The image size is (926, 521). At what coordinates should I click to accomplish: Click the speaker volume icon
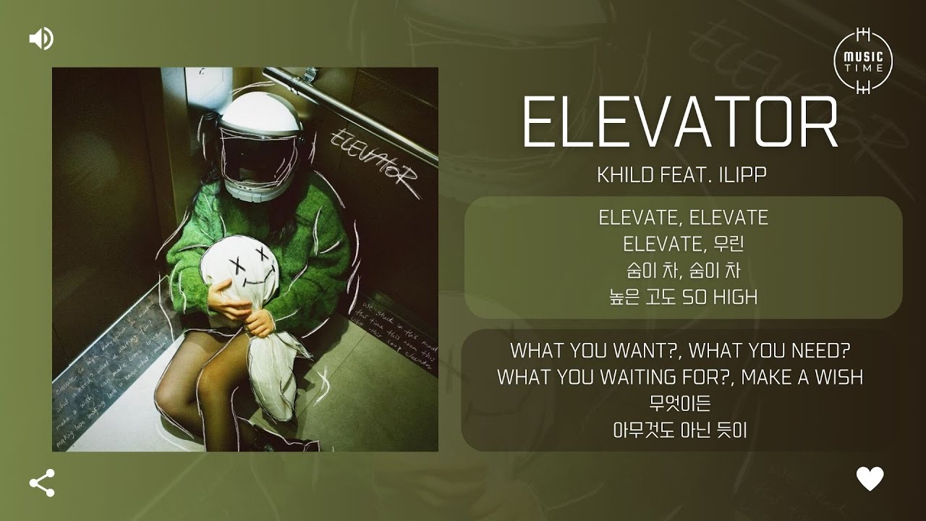41,38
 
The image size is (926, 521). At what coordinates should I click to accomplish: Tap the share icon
42,483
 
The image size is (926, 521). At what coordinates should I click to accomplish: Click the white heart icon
870,478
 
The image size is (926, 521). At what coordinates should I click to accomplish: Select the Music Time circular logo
863,61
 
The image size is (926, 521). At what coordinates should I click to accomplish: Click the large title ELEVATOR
679,123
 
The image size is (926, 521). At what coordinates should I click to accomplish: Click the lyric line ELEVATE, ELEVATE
683,217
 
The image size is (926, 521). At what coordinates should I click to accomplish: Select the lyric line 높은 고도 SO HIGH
683,297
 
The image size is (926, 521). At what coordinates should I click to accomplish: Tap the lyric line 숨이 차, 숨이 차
683,271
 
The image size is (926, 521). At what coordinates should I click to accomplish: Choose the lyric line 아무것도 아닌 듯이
679,430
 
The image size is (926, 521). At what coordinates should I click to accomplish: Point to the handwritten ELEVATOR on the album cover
373,159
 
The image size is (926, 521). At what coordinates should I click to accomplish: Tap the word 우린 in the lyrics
730,244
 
